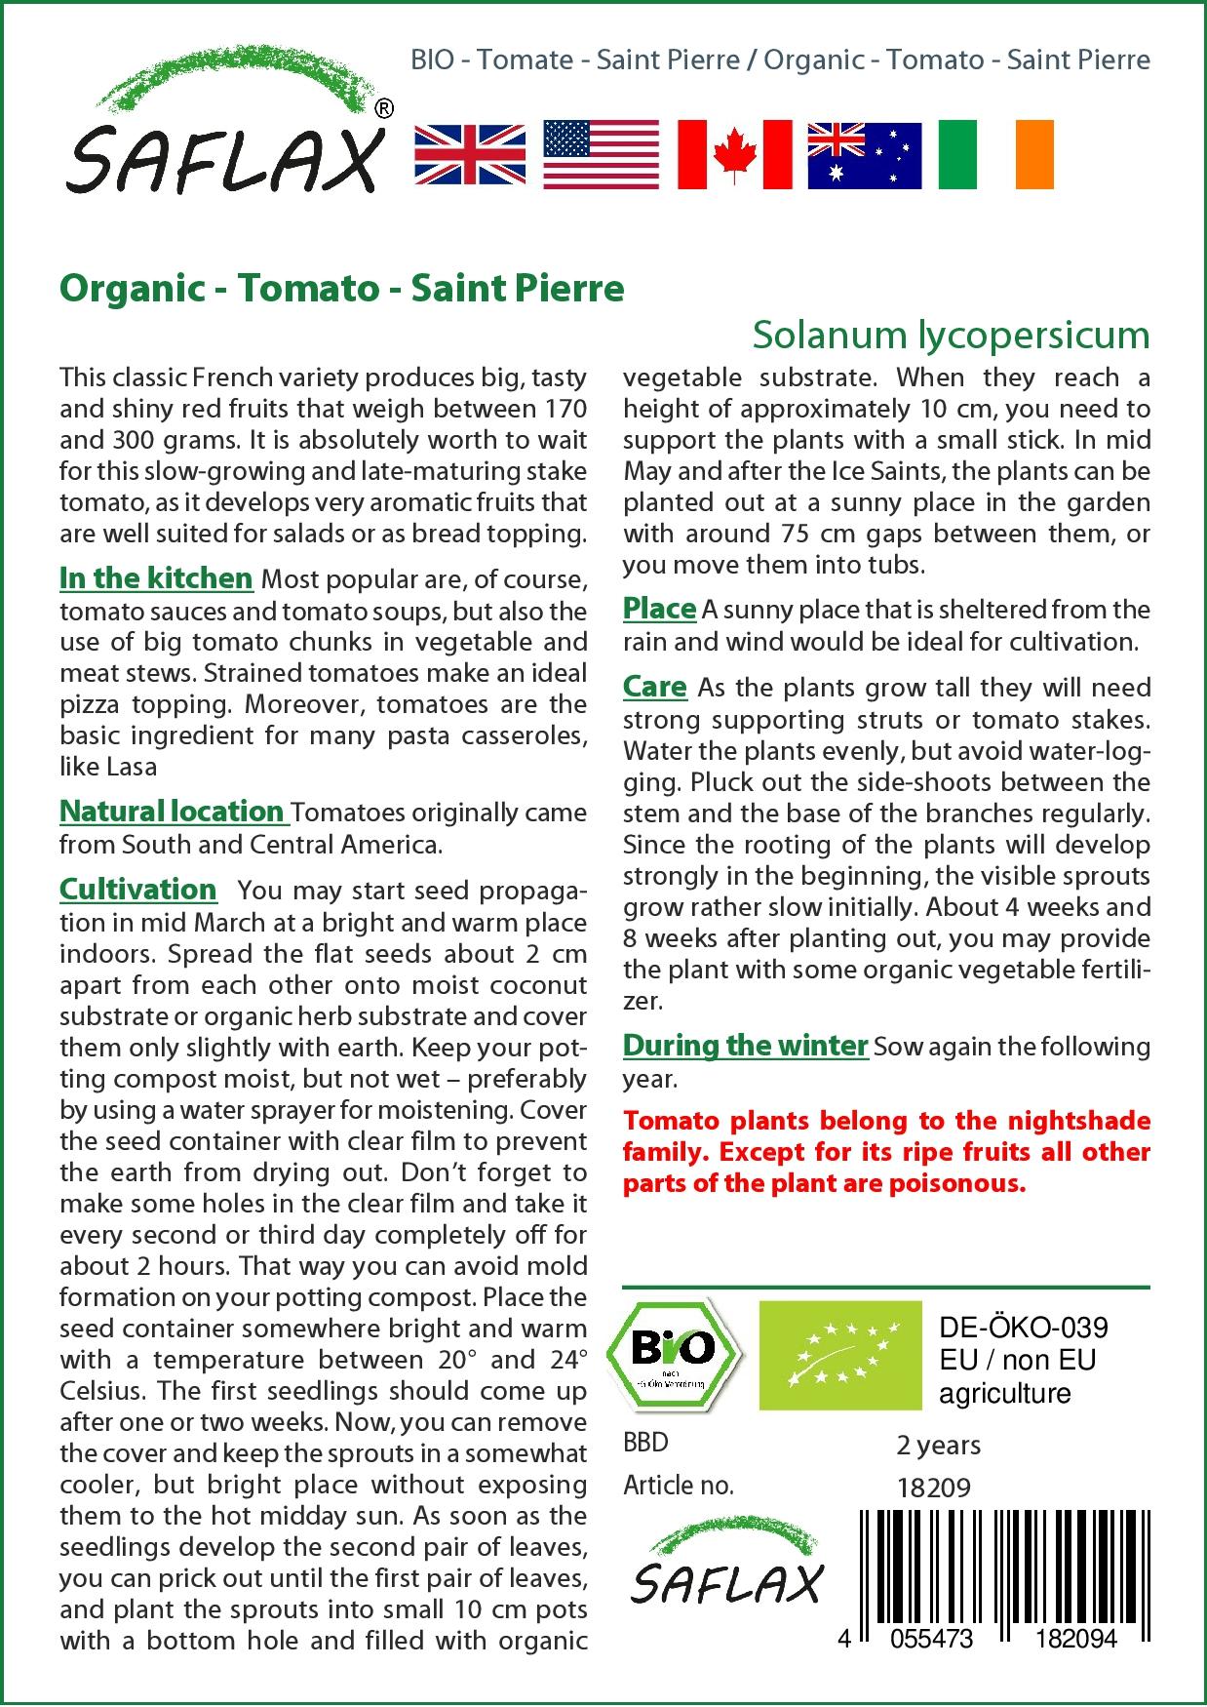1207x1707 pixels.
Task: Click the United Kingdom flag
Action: coord(470,155)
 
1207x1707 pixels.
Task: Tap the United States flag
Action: coord(601,155)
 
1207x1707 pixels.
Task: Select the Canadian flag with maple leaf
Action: coord(734,155)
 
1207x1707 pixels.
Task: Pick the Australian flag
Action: coord(865,155)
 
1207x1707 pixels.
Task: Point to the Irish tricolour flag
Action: coord(995,155)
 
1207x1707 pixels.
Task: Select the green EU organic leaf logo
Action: coord(840,1355)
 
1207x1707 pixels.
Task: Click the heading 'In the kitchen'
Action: coord(156,578)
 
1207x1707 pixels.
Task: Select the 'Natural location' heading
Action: coord(173,812)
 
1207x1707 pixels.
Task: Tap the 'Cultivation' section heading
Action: coord(137,890)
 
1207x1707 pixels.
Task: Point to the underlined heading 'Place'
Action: coord(659,609)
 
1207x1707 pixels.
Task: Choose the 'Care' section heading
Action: coord(655,687)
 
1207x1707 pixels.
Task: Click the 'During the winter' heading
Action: coord(745,1046)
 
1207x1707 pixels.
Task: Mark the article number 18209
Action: coord(933,1487)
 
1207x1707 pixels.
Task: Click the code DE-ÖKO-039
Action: coord(1024,1328)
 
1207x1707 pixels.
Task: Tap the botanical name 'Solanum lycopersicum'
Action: coord(951,336)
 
